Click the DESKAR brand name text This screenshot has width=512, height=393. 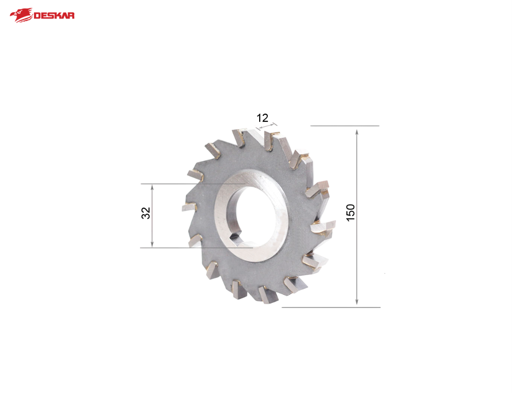54,16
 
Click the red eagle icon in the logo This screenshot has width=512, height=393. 21,15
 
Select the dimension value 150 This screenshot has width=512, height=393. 350,212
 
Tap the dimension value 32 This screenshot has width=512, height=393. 146,213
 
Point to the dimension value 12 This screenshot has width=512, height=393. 262,118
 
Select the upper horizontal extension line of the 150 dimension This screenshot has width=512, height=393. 344,126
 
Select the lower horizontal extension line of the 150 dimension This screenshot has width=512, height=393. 331,307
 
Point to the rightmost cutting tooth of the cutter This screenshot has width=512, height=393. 325,226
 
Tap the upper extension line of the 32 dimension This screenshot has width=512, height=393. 181,184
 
